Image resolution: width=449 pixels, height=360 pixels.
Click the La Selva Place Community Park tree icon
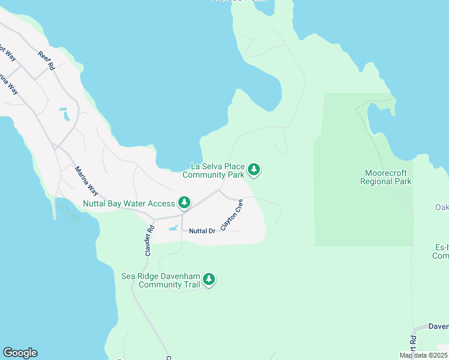click(255, 170)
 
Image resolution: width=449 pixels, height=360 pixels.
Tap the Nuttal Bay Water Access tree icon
click(185, 203)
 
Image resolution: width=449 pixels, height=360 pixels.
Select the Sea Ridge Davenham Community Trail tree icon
click(209, 279)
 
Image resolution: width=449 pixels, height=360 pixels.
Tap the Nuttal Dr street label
click(202, 231)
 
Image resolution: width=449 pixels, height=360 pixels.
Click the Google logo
click(20, 353)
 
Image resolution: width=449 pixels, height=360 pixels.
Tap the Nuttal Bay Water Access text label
click(129, 203)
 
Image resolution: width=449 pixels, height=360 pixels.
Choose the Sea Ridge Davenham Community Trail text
click(160, 280)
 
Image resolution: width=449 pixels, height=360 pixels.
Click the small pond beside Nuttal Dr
click(173, 228)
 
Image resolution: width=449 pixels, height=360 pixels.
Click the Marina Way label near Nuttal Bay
click(86, 180)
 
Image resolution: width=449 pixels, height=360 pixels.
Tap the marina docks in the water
click(69, 213)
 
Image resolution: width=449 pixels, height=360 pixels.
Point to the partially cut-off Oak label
click(442, 207)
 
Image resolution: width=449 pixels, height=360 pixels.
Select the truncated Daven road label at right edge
click(438, 326)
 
